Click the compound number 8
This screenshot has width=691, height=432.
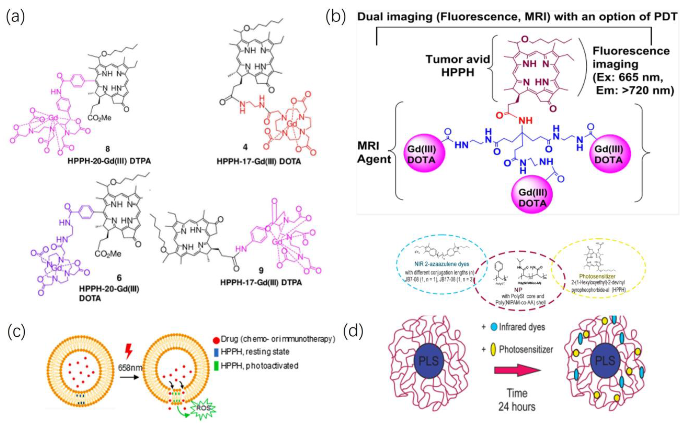tap(108, 149)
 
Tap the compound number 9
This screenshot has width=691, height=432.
tap(261, 270)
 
